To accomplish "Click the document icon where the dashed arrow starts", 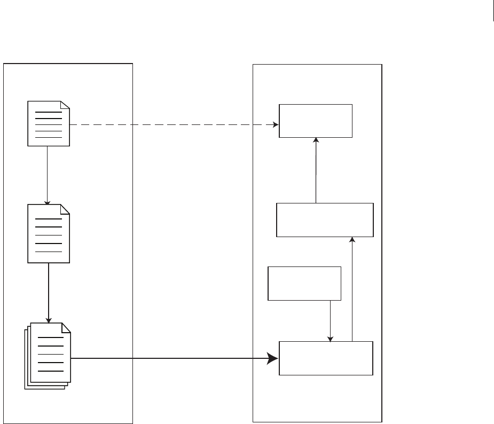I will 49,123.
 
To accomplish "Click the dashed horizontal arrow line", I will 171,125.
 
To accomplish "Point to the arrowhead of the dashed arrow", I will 276,125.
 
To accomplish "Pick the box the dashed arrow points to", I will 316,121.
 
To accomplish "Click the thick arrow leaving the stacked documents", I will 171,358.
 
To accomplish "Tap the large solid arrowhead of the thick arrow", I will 273,358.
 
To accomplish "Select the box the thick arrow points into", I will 326,358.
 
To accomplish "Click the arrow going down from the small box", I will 331,320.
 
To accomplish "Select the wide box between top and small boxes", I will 325,219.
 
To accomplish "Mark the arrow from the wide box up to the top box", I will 316,171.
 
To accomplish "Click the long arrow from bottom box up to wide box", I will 352,288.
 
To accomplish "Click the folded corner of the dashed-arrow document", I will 65,105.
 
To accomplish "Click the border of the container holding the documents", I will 4,240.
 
